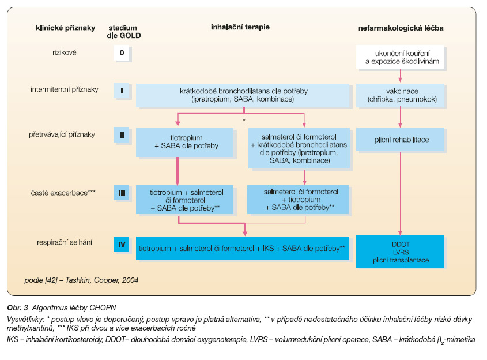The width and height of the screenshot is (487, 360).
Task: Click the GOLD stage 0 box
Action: coord(122,53)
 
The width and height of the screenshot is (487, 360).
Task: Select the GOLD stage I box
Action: coord(122,91)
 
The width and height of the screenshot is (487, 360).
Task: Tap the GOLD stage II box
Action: coord(122,135)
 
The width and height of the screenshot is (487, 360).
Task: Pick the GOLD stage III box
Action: coord(122,193)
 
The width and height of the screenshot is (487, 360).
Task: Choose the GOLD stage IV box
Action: coord(122,245)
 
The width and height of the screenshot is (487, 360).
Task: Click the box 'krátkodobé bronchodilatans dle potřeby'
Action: coord(243,95)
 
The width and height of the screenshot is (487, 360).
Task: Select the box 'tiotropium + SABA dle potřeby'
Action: coord(184,142)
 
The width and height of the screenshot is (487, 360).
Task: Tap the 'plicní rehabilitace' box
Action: coord(401,139)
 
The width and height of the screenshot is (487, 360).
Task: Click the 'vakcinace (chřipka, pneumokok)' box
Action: coord(401,95)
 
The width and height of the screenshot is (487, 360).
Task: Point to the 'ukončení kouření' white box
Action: coord(401,57)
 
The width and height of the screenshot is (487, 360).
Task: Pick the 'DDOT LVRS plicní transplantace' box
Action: coord(401,252)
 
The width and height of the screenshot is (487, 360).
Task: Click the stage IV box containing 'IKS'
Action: coord(243,248)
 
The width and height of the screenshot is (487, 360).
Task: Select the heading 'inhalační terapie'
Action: coord(240,27)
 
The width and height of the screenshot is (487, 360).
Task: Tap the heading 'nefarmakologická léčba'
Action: coord(401,28)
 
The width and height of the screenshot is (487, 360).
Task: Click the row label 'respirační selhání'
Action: coord(65,242)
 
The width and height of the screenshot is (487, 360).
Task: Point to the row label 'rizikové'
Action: coord(65,52)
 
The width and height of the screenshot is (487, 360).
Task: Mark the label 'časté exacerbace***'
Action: coord(63,193)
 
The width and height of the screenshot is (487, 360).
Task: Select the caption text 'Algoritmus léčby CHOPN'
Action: coord(74,307)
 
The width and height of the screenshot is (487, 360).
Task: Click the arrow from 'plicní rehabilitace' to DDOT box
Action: coord(400,193)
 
